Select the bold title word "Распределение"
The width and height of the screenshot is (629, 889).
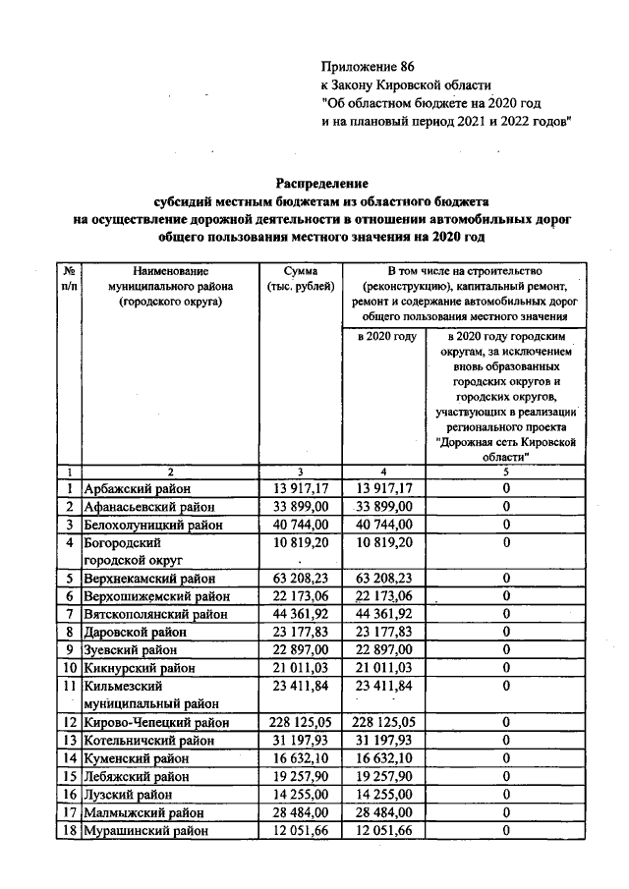(321, 184)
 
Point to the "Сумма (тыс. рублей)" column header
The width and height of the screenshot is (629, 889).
(301, 278)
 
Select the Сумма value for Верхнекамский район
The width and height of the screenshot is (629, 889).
(303, 579)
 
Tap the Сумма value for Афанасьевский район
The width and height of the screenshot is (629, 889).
(303, 506)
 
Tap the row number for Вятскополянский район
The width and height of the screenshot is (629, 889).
(71, 614)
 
